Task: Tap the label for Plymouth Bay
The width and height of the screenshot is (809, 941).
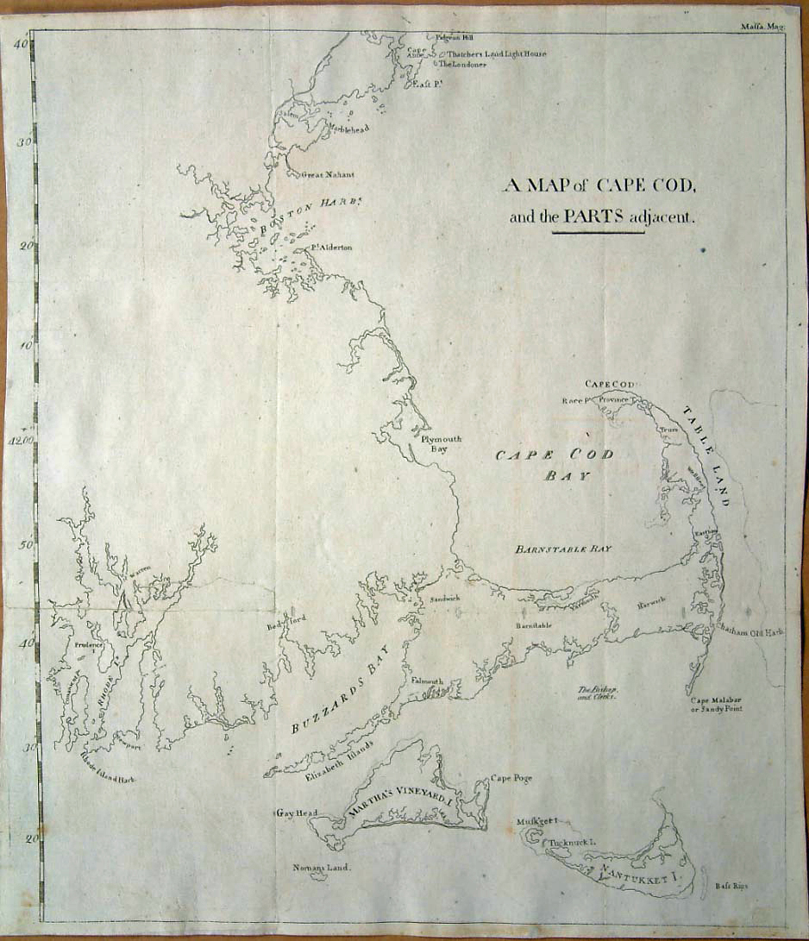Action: click(442, 443)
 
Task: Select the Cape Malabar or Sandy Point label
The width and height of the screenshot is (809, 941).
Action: click(715, 704)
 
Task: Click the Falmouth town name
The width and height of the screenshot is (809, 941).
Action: click(427, 681)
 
